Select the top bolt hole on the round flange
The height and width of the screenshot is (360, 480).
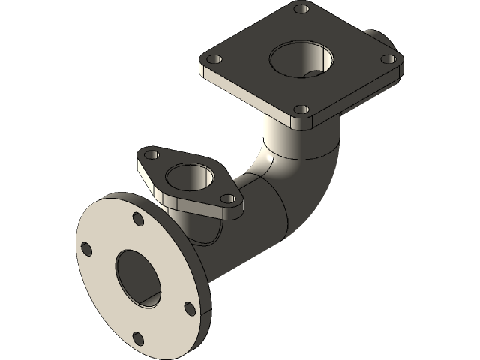click(138, 219)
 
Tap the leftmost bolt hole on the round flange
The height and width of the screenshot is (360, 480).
click(87, 250)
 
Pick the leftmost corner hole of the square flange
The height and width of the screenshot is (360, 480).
click(214, 59)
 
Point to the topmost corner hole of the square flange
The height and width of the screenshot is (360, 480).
click(301, 10)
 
